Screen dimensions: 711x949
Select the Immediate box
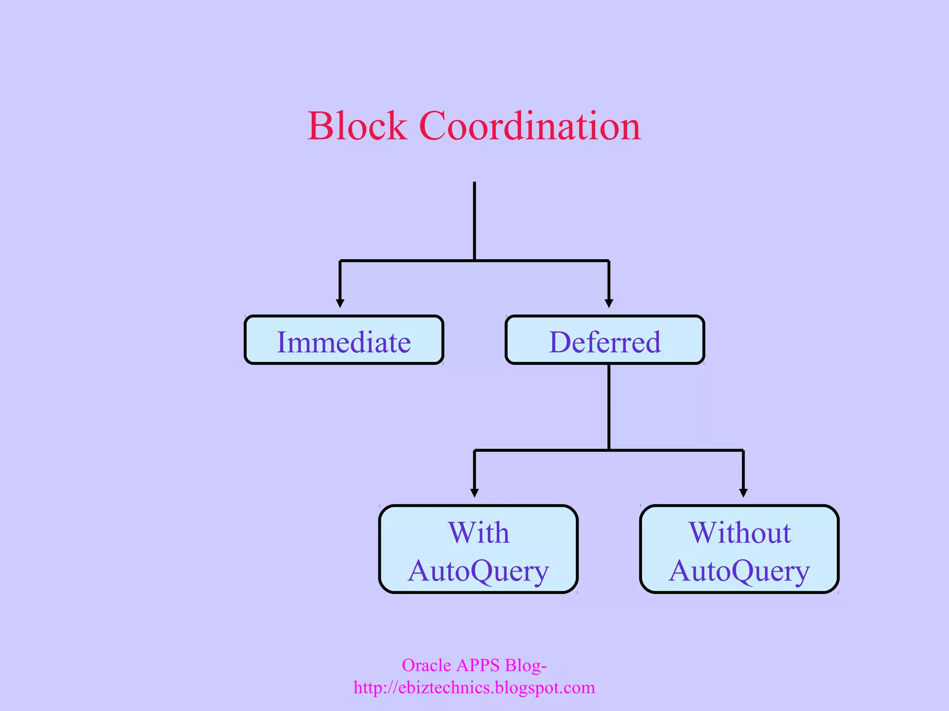click(344, 340)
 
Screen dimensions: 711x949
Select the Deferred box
click(605, 340)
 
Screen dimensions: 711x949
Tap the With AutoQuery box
click(478, 549)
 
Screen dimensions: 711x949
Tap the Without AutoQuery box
click(739, 549)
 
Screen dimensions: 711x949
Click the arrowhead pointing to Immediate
click(340, 303)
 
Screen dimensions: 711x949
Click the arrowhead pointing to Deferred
click(609, 303)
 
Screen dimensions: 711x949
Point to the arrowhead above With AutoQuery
click(474, 493)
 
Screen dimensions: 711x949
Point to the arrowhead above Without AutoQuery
click(743, 493)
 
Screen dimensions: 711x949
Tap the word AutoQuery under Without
click(739, 571)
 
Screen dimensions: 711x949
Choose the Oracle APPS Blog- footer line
click(474, 665)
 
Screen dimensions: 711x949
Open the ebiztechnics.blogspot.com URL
click(474, 687)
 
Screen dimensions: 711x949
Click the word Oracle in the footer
click(426, 665)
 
